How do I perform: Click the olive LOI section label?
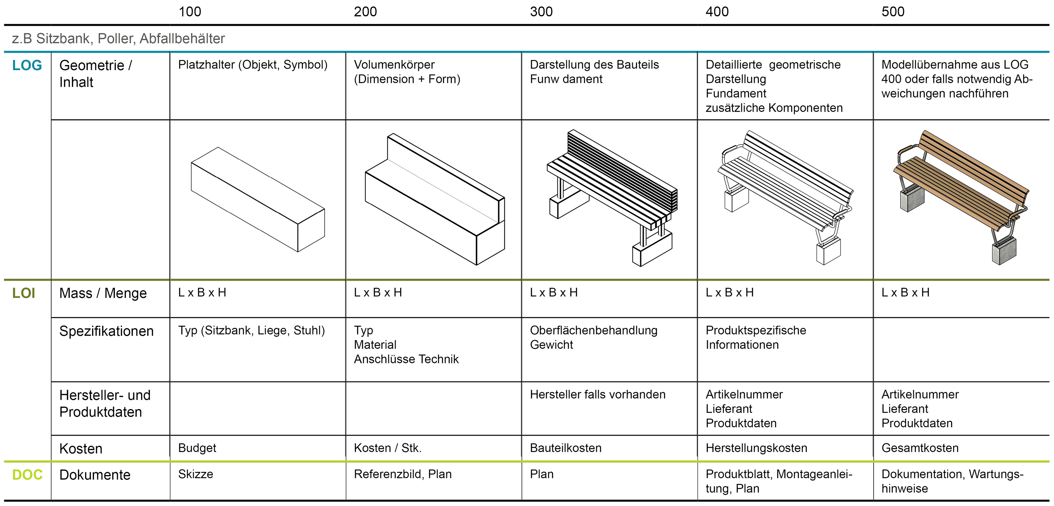(x=24, y=293)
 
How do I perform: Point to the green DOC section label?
(x=27, y=475)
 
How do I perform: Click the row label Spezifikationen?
(x=106, y=331)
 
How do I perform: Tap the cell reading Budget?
(x=197, y=448)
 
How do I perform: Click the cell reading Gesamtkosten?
(x=920, y=448)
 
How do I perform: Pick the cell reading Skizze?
(x=196, y=474)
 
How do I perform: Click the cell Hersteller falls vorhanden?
(x=597, y=394)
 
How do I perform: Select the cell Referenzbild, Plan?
(x=402, y=474)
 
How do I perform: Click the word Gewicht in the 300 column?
(x=551, y=345)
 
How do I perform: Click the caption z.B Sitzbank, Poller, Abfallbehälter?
(x=118, y=38)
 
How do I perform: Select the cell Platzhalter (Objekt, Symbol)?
(x=252, y=65)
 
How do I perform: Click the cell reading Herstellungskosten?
(x=756, y=448)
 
